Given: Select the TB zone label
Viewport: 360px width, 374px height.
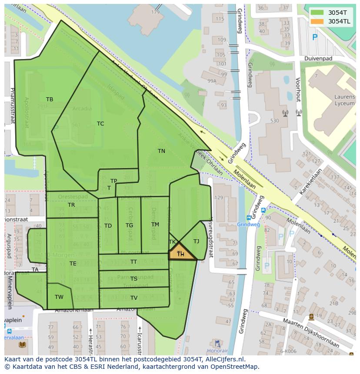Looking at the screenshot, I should point(50,99).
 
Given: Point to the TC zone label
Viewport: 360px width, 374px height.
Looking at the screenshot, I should point(100,124).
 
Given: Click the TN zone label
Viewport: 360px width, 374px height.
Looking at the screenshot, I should point(161,151).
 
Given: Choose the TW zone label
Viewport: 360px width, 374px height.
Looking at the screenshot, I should point(59,297).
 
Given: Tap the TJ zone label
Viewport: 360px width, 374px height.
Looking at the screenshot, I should point(196,241).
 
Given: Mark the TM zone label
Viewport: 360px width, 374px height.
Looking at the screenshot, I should point(155,225).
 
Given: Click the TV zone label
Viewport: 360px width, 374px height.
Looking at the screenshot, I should point(134,298).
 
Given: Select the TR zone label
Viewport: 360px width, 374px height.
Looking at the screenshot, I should point(71,205).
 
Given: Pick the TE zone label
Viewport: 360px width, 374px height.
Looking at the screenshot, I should point(73,264).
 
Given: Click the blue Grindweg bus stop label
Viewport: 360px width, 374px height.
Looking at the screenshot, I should point(248,225).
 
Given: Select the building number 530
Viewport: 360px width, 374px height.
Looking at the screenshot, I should point(274,121).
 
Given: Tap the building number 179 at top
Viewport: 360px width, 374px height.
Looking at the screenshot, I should point(155,12).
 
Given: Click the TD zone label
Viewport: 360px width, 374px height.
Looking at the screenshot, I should point(108,226).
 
